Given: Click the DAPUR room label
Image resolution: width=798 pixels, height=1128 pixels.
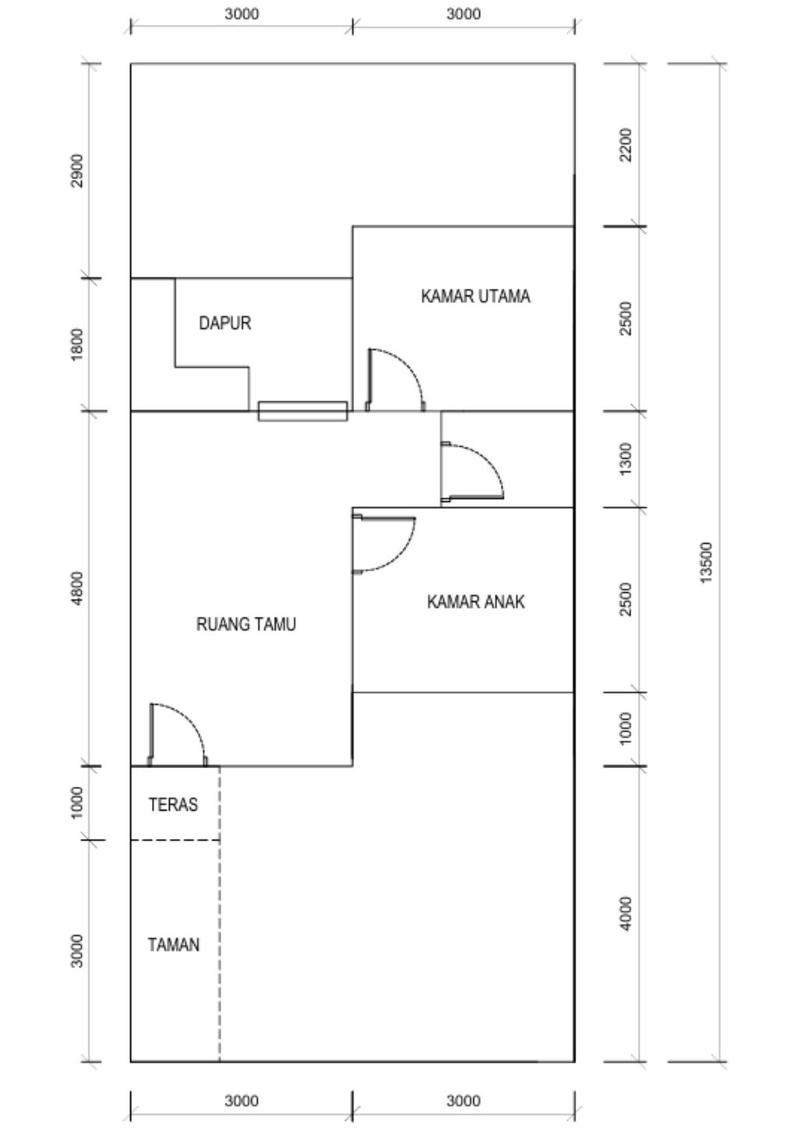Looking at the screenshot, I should pyautogui.click(x=225, y=323).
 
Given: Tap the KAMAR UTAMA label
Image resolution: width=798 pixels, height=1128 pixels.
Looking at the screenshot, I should pyautogui.click(x=475, y=297).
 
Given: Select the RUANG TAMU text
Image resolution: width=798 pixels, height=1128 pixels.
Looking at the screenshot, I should pyautogui.click(x=245, y=624).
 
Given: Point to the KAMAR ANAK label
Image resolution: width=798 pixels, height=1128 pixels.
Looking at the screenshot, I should pyautogui.click(x=475, y=602).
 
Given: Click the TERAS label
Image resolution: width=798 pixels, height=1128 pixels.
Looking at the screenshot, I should pyautogui.click(x=173, y=805).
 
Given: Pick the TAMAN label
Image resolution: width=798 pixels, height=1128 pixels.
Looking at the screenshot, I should pyautogui.click(x=174, y=945).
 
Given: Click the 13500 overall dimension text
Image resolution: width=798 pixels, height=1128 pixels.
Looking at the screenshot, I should pyautogui.click(x=706, y=562).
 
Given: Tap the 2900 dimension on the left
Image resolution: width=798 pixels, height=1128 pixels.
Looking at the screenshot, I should pyautogui.click(x=76, y=171).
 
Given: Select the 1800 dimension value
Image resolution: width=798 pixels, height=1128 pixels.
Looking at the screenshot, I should pyautogui.click(x=76, y=344).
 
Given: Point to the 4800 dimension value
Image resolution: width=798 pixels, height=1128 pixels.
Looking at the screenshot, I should pyautogui.click(x=76, y=588).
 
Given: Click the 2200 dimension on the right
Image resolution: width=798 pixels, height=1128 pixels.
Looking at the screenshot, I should pyautogui.click(x=626, y=145).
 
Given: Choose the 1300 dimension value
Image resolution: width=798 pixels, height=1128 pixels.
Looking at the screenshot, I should pyautogui.click(x=626, y=459).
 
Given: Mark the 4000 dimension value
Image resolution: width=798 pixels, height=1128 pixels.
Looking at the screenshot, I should pyautogui.click(x=626, y=913).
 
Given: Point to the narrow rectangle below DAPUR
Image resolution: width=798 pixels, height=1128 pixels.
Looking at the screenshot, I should pyautogui.click(x=302, y=411).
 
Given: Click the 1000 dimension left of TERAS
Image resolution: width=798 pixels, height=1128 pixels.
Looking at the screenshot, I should pyautogui.click(x=76, y=803).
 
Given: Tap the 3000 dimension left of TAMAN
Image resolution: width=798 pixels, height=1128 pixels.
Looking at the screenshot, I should pyautogui.click(x=76, y=950).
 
